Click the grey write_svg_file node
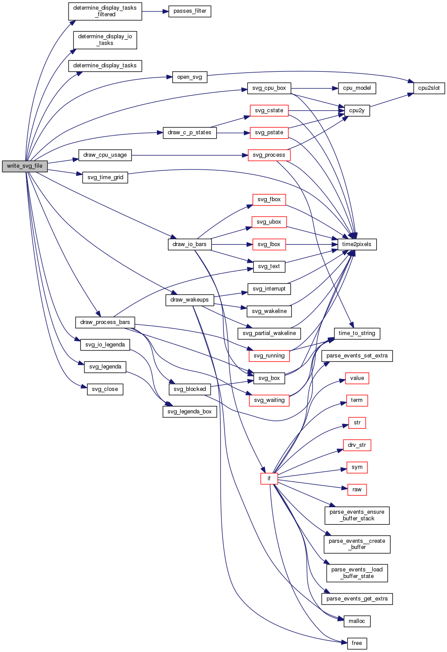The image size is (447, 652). (x=25, y=166)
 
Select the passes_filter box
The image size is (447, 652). (x=190, y=11)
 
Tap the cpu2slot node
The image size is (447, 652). (x=429, y=88)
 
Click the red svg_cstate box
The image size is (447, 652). (x=269, y=111)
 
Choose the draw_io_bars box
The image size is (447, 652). (x=189, y=244)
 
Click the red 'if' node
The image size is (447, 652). (x=269, y=478)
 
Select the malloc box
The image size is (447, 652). (x=356, y=621)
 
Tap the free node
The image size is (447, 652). (x=356, y=643)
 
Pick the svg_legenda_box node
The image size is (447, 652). (x=189, y=412)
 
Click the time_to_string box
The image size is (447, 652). (x=356, y=333)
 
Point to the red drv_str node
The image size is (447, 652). (x=356, y=445)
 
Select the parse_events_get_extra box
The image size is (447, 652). (x=356, y=599)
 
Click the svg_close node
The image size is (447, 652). (x=105, y=389)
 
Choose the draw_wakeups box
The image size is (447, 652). (x=189, y=300)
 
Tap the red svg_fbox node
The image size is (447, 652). (x=269, y=199)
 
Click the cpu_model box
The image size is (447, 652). (x=356, y=88)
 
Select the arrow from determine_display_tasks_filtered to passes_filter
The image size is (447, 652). (x=155, y=11)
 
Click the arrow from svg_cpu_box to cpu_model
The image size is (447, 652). (x=314, y=88)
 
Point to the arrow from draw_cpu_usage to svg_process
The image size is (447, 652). (x=189, y=155)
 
